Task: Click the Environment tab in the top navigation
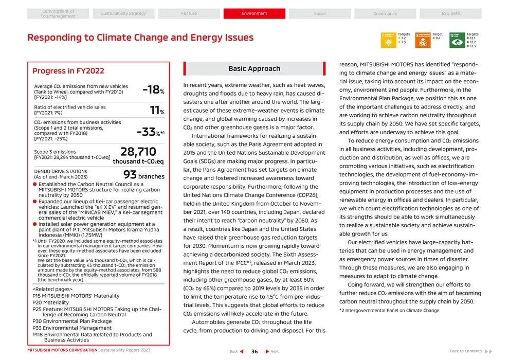(x=254, y=13)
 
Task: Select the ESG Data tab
(x=450, y=13)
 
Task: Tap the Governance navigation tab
(x=385, y=13)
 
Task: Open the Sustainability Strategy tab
(x=123, y=13)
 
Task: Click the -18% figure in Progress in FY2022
(x=153, y=90)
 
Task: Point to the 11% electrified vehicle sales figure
(x=157, y=110)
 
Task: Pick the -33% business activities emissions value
(x=150, y=132)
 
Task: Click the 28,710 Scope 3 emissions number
(x=138, y=152)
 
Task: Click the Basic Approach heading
(x=254, y=68)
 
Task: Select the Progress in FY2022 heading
(x=68, y=71)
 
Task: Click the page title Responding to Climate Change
(x=140, y=38)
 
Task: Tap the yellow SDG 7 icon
(x=388, y=40)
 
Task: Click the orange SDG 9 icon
(x=423, y=40)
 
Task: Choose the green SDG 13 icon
(x=457, y=40)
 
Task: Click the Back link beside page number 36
(x=237, y=351)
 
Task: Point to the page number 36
(x=254, y=351)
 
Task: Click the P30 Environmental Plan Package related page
(x=72, y=321)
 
